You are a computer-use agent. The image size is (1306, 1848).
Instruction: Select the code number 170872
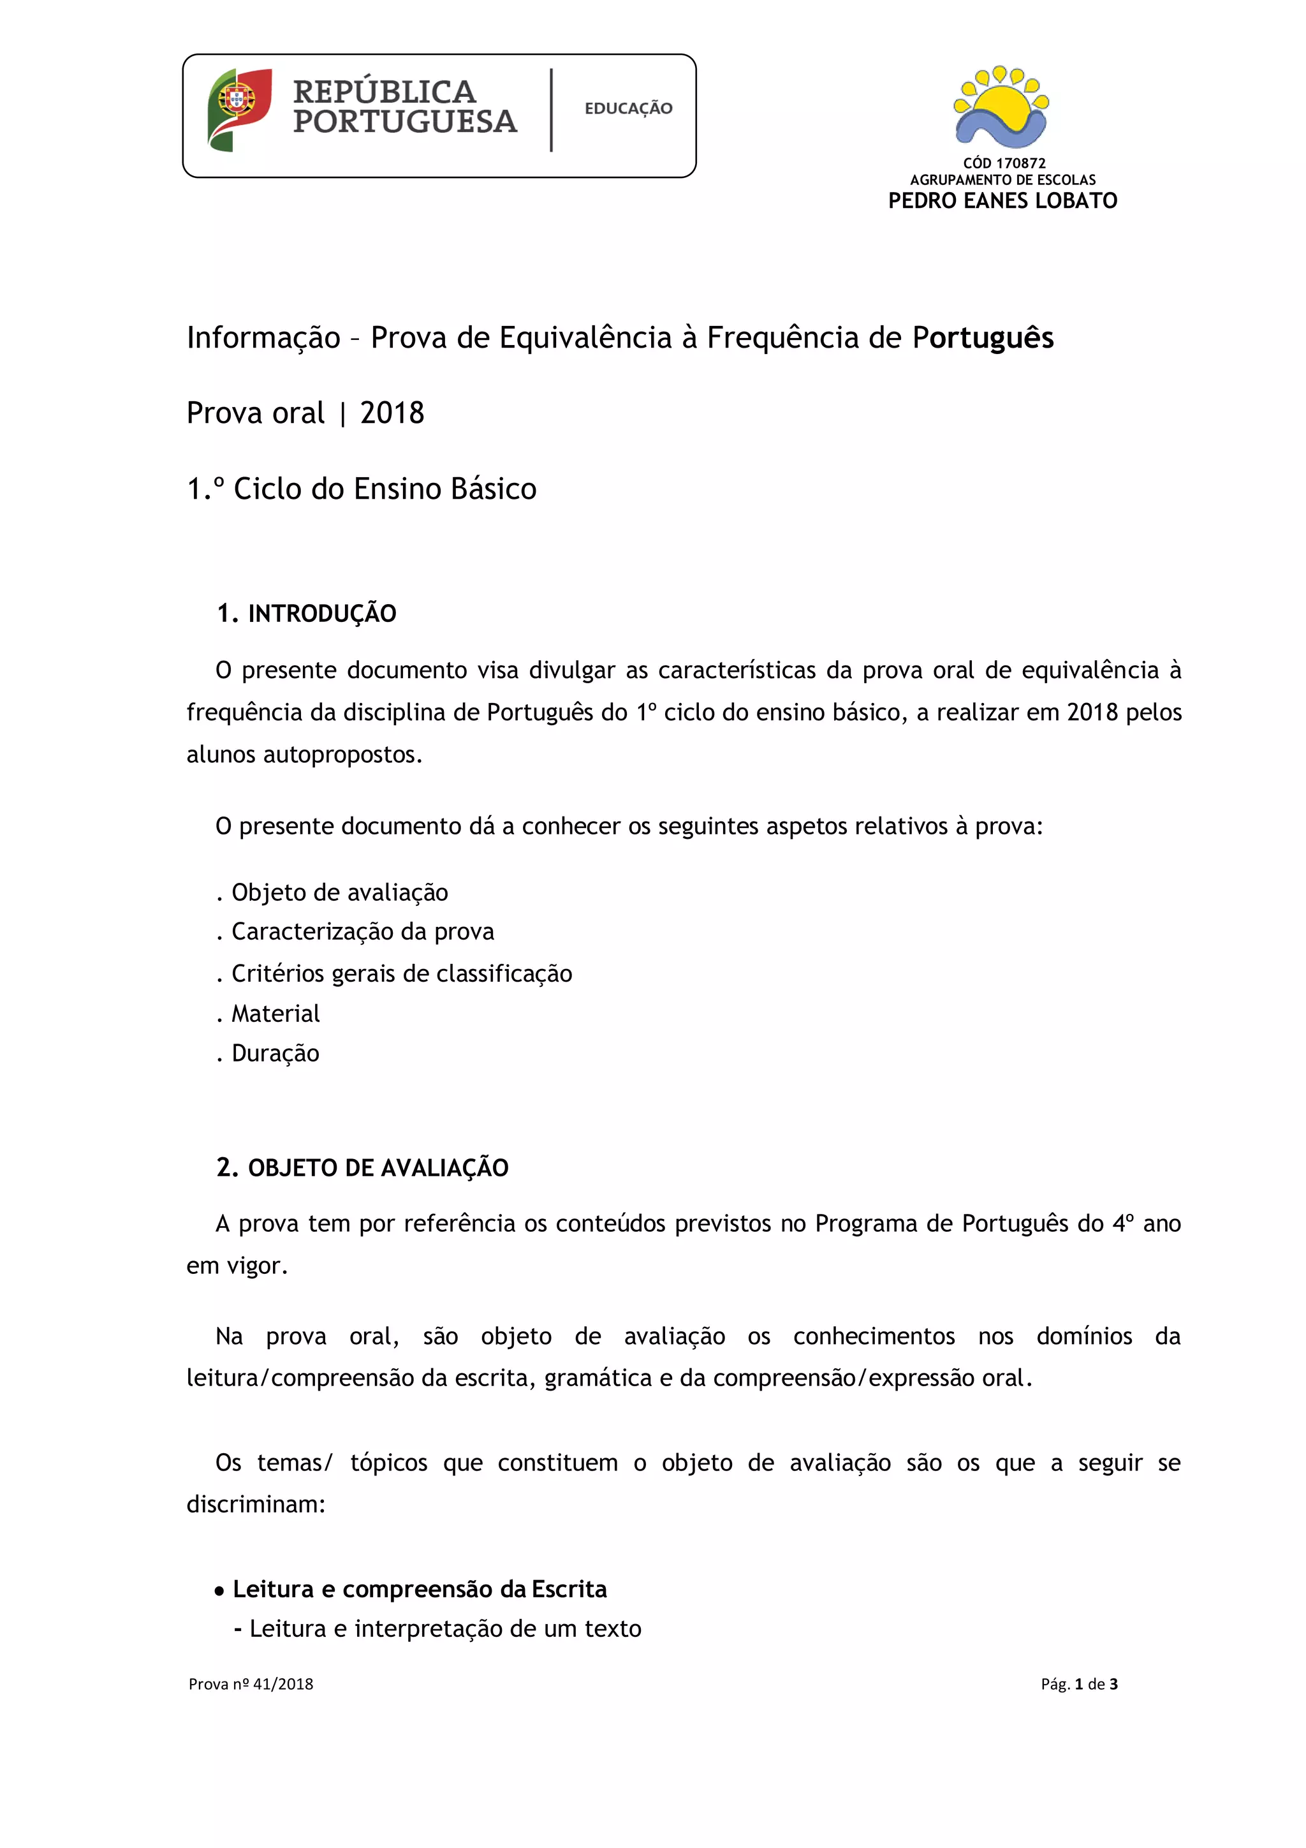(1020, 163)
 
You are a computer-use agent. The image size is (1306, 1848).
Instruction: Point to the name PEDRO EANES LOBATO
(1002, 200)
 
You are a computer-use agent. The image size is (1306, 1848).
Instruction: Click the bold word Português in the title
(983, 338)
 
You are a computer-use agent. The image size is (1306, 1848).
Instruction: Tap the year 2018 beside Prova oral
(392, 413)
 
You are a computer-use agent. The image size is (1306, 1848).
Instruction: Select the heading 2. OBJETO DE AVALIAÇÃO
(362, 1168)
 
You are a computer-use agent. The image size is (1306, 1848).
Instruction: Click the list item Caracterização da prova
(362, 932)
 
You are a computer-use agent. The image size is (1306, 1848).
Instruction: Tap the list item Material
(275, 1014)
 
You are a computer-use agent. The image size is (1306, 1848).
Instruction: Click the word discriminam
(254, 1504)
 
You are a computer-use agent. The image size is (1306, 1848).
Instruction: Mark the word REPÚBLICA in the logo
(384, 92)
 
